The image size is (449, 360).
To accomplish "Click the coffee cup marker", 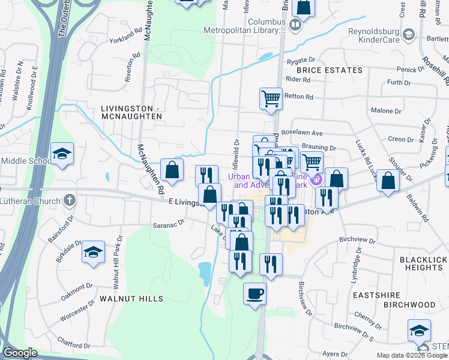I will coord(255,293).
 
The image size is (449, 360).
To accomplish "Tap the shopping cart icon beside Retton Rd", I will coord(271,98).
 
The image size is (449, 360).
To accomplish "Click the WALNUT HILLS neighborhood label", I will coord(131,298).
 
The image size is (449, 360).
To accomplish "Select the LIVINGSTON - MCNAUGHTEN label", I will coord(131,112).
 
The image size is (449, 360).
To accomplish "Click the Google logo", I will coord(20,353).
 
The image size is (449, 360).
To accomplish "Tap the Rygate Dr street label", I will coord(301,60).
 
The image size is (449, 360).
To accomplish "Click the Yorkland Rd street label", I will coord(125,45).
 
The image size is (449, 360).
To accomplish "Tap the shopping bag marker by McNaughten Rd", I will coord(172,170).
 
